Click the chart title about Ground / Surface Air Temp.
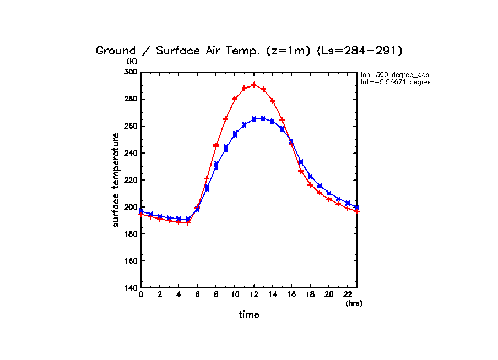[250, 51]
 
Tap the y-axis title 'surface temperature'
[116, 179]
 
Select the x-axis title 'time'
[249, 314]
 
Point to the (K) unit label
[132, 61]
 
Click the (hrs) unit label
[354, 303]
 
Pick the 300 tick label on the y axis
[131, 72]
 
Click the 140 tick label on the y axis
[131, 288]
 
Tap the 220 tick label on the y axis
[131, 180]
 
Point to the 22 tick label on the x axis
[348, 295]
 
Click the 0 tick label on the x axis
[141, 295]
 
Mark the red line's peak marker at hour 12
[254, 85]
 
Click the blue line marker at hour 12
[254, 119]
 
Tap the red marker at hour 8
[216, 145]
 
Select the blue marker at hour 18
[310, 176]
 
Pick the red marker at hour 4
[178, 222]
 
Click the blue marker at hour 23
[357, 208]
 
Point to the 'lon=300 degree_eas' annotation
[394, 74]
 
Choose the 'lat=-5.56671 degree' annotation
[394, 82]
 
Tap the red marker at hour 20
[329, 199]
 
